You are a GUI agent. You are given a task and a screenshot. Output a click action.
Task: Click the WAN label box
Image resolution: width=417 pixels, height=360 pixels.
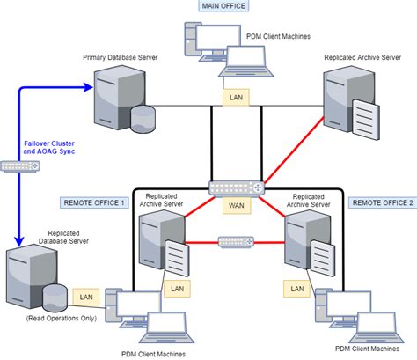coord(236,205)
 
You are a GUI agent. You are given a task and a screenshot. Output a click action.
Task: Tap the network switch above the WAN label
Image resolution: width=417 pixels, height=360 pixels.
coord(236,187)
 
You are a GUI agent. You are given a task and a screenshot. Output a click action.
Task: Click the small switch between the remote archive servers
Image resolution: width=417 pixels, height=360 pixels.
coord(236,240)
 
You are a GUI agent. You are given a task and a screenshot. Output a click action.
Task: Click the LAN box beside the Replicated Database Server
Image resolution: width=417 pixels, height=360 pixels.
coord(85,299)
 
